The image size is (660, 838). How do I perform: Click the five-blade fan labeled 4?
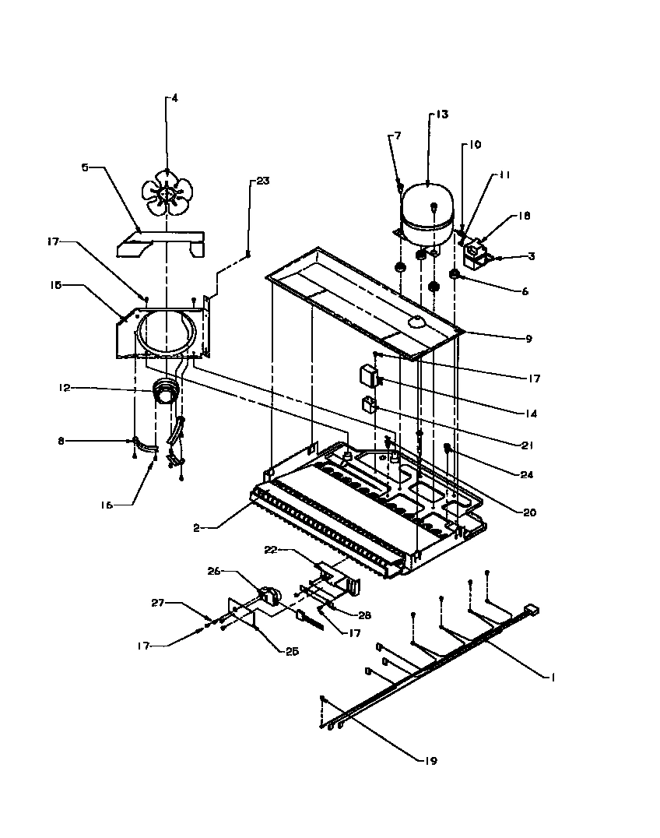(x=166, y=192)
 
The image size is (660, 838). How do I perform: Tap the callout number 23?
(x=262, y=181)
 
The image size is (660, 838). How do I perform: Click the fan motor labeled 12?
(x=164, y=393)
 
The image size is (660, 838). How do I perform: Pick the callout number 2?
(x=199, y=527)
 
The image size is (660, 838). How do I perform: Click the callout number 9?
(x=528, y=339)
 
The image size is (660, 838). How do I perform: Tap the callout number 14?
(x=531, y=414)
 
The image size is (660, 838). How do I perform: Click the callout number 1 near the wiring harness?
(x=553, y=677)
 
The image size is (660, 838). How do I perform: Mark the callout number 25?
(x=291, y=651)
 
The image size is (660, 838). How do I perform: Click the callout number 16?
(x=107, y=505)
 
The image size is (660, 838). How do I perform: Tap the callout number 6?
(x=525, y=291)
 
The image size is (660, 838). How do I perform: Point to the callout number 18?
(x=524, y=216)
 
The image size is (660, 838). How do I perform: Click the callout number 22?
(x=270, y=551)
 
